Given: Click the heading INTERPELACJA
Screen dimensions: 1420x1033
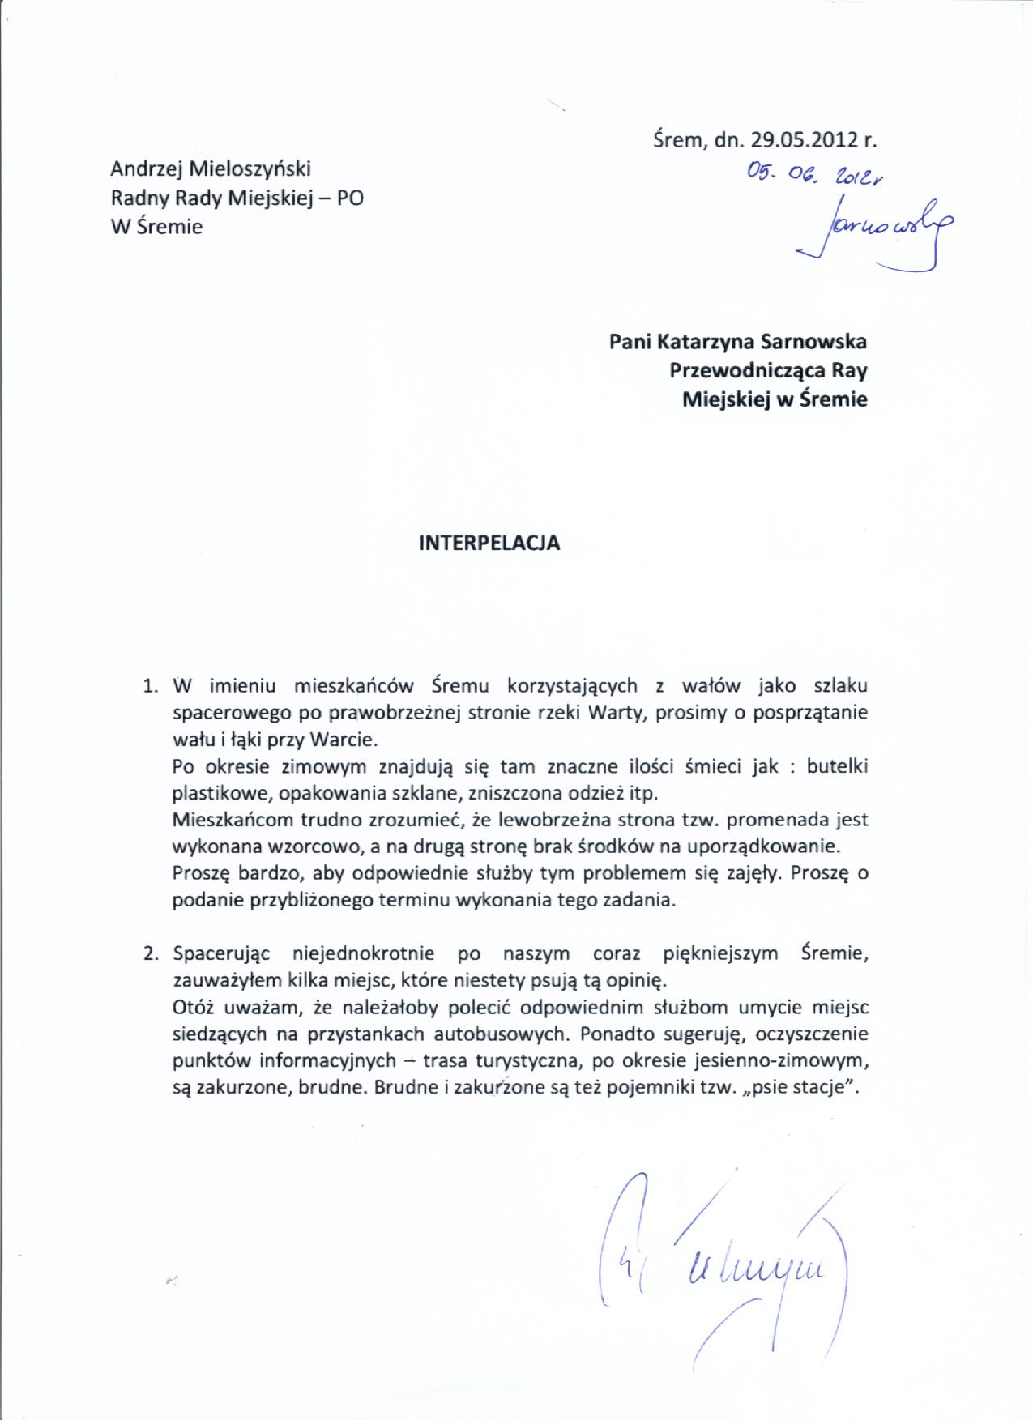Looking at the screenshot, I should tap(489, 543).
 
